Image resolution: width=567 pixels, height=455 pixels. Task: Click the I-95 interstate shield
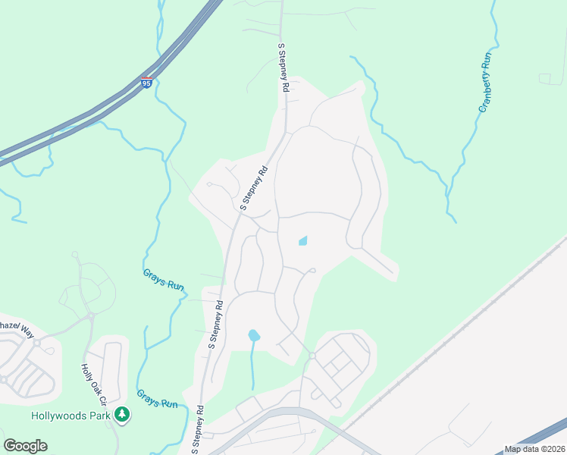[x=146, y=82]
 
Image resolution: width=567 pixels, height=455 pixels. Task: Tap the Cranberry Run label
[x=486, y=83]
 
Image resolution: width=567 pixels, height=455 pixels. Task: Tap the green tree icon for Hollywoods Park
[x=122, y=414]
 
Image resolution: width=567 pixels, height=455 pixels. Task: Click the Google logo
[x=26, y=445]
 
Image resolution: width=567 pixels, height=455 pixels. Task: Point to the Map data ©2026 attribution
[x=534, y=449]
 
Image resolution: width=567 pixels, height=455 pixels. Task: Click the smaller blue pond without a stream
[x=303, y=241]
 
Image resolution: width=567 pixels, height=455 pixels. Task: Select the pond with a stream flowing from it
[x=254, y=334]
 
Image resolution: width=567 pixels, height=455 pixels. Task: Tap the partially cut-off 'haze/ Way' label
[x=17, y=325]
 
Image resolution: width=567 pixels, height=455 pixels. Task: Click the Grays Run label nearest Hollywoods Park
[x=157, y=399]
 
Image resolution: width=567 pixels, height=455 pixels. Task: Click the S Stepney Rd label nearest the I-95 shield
[x=283, y=68]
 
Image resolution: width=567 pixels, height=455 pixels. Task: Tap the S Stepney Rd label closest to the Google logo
[x=199, y=428]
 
